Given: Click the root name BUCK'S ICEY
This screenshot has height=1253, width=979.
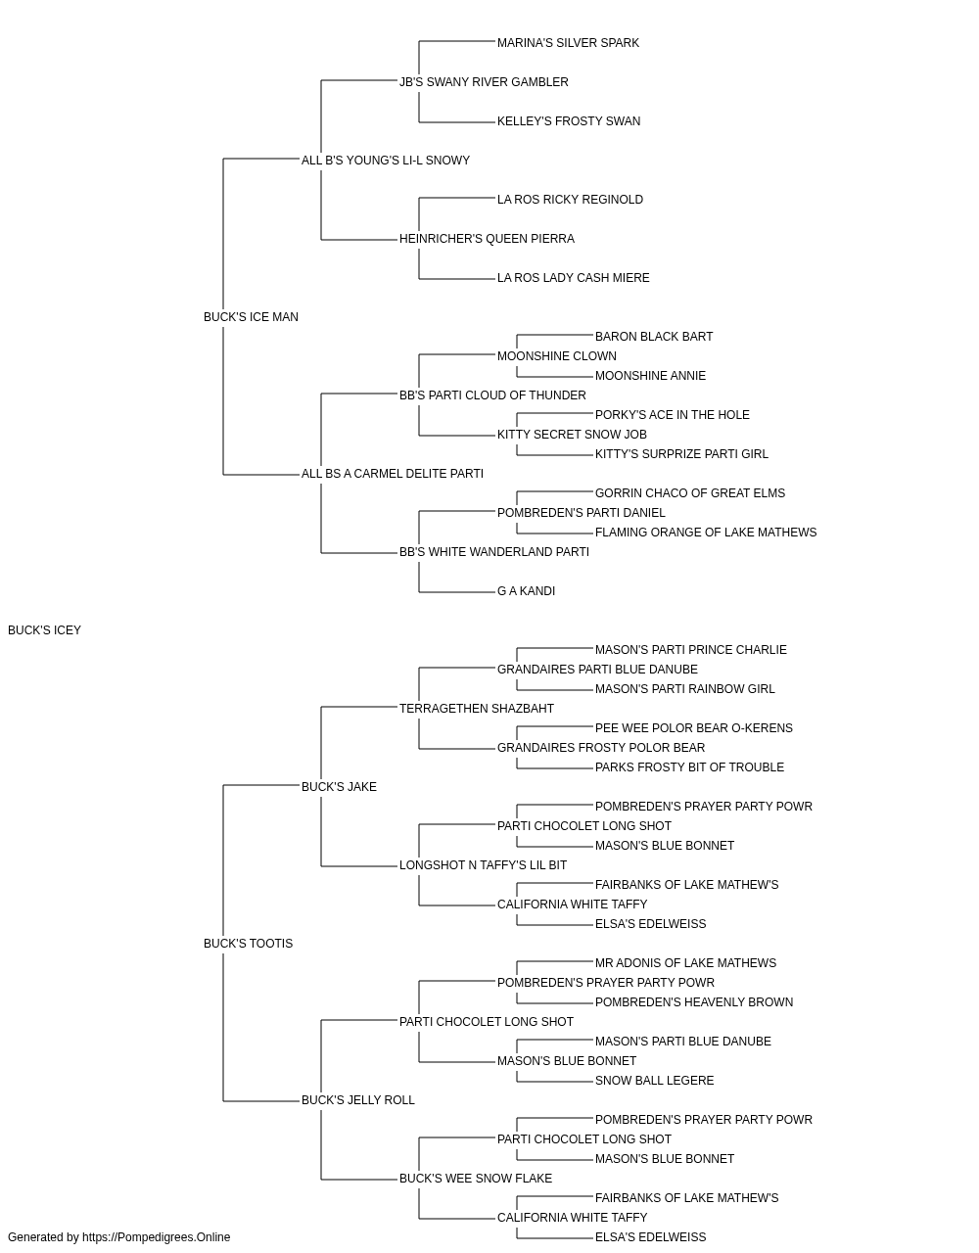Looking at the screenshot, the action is pos(44,630).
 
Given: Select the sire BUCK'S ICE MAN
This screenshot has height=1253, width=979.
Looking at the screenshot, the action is pos(251,317).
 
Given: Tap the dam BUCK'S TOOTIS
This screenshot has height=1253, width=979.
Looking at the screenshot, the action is pos(248,944).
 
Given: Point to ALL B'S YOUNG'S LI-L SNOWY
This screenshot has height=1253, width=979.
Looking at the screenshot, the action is pos(386,161).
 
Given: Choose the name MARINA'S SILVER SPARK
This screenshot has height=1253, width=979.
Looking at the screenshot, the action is pos(568,43).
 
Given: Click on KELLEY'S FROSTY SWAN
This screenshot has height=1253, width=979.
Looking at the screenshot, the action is pos(569,121).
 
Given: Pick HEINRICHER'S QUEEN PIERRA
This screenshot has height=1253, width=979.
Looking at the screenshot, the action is pos(487,239).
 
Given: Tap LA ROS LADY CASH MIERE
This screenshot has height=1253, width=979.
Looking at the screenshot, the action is pos(573,278).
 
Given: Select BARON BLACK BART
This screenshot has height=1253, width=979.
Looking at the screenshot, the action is pos(654,337).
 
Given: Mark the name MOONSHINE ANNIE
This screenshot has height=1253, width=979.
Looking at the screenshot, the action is pos(650,376).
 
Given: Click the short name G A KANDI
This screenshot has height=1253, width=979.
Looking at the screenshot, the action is pos(526,591).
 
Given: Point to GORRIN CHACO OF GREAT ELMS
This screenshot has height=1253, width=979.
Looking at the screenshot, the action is pos(690,493).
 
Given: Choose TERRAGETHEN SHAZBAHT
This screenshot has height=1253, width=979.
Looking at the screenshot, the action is pos(476,709).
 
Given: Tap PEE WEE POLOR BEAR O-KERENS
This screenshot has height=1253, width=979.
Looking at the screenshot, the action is pos(693,728).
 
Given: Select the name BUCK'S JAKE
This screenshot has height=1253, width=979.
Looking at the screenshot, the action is pos(339,787).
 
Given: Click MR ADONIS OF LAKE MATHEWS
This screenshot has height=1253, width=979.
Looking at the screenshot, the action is pos(685,963).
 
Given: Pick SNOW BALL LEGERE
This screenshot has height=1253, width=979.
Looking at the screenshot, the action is pos(654,1081).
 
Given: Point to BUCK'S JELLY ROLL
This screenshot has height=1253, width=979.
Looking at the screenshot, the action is pos(358,1100).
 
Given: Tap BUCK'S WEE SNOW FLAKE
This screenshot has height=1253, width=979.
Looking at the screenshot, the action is pos(476,1179).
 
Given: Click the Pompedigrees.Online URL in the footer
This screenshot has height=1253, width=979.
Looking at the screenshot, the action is pos(157,1237).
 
